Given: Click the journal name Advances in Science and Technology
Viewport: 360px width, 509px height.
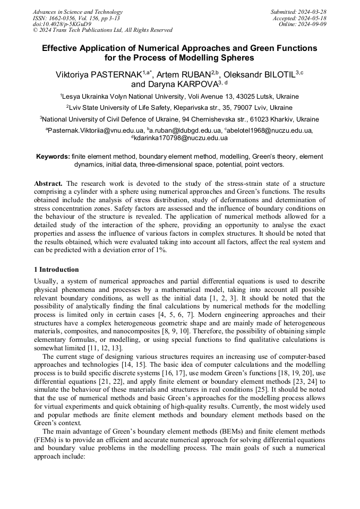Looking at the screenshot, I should tap(78, 12).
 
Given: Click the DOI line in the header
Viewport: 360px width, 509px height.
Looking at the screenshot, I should tap(62, 24).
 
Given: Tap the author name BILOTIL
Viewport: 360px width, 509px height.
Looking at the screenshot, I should tap(272, 74).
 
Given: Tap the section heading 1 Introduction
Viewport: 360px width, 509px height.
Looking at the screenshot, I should tap(56, 269).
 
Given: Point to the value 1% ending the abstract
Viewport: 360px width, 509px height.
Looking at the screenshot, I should tap(160, 251).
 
